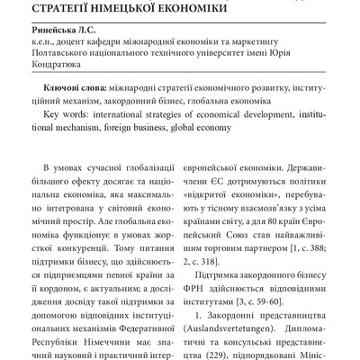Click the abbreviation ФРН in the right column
click(x=208, y=276)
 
